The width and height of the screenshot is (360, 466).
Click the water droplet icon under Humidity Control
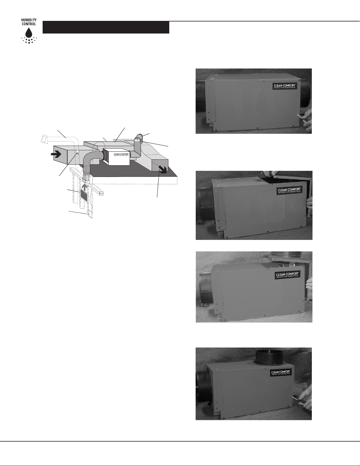pos(29,33)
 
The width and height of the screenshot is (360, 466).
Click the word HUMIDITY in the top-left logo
pos(29,20)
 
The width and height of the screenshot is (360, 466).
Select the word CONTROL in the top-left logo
pos(29,24)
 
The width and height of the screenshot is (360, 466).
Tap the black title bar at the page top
pos(106,27)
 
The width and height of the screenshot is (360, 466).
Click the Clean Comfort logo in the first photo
pos(284,86)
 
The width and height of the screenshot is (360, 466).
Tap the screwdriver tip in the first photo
pos(298,116)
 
